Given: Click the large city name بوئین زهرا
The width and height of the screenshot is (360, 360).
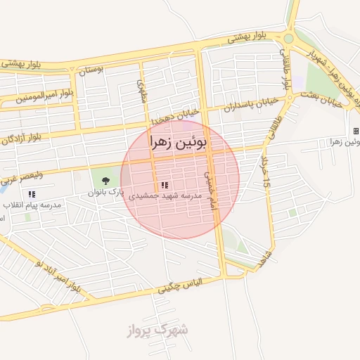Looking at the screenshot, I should [x=179, y=143].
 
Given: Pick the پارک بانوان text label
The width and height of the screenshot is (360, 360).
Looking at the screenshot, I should [x=105, y=191].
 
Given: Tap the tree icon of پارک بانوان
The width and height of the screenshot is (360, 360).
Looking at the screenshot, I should [x=105, y=181].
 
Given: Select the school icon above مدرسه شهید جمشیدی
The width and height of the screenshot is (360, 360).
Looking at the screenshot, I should [x=165, y=186].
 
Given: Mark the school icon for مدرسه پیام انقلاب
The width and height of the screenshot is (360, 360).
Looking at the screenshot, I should [x=32, y=193].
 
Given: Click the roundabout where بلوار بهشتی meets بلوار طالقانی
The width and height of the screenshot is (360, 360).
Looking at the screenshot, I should [x=289, y=39].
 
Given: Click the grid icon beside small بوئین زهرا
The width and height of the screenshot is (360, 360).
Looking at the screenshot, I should [x=356, y=131].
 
